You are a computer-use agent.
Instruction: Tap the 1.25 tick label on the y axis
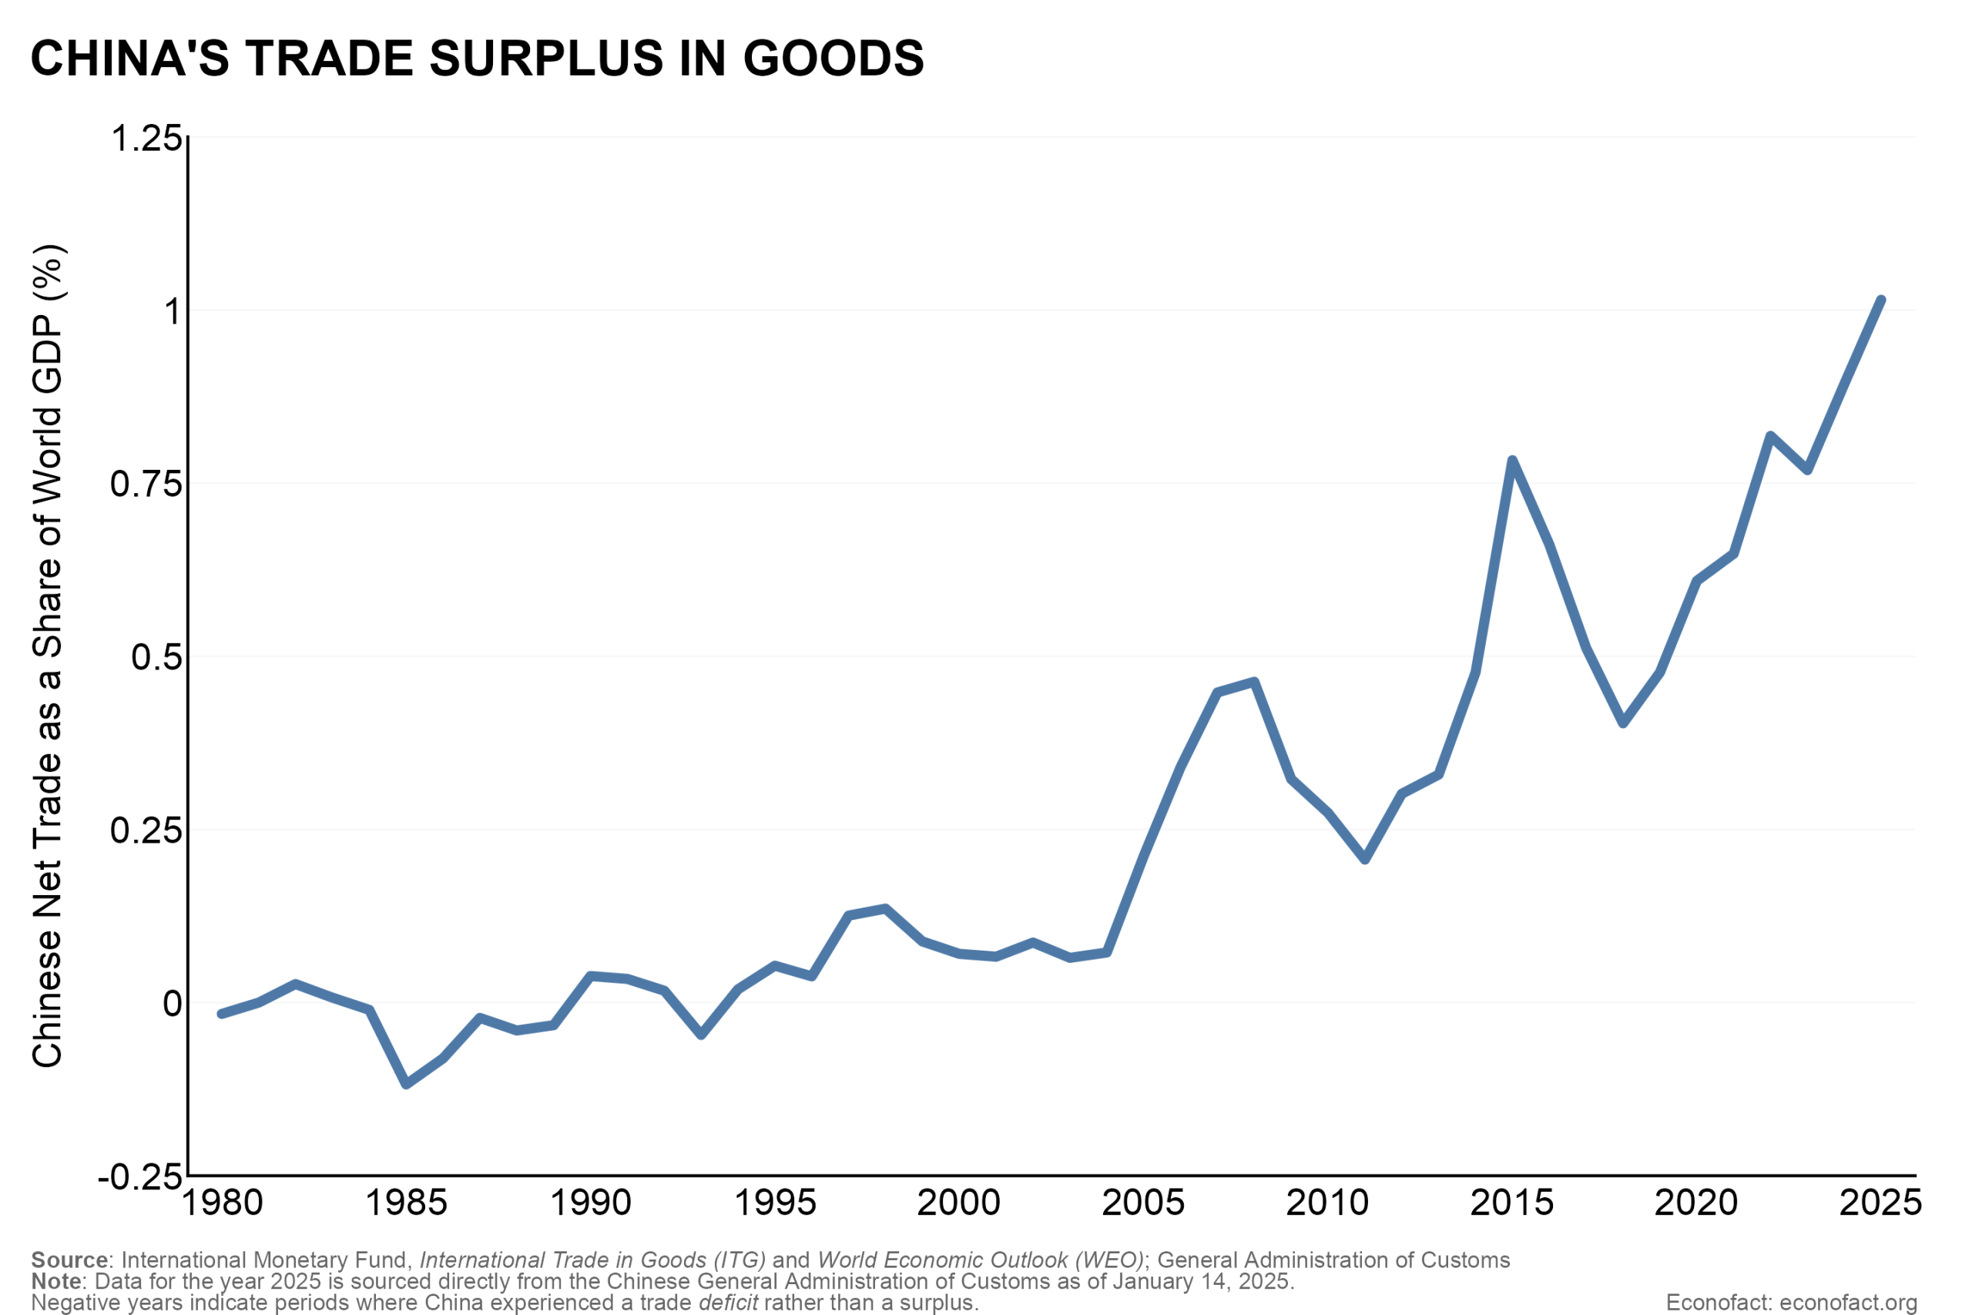[146, 139]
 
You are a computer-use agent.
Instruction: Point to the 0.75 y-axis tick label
[146, 485]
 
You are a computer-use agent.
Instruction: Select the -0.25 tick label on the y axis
[140, 1177]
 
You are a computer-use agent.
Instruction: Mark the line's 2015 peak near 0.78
[1511, 461]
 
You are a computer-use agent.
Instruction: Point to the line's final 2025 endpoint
[1880, 300]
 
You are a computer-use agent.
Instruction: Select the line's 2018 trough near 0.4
[1623, 723]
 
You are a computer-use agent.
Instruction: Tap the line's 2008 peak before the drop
[1254, 682]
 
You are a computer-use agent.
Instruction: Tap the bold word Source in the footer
[69, 1260]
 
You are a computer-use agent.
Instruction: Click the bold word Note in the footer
[57, 1281]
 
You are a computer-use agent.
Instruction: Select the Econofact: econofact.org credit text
[1791, 1303]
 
